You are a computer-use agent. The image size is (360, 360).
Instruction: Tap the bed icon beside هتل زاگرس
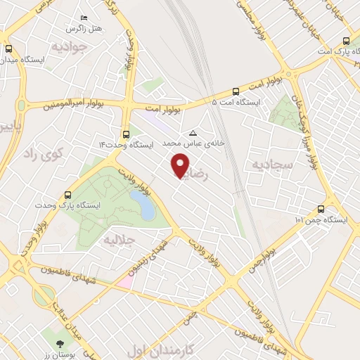85,18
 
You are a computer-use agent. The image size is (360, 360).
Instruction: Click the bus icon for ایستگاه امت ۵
235,91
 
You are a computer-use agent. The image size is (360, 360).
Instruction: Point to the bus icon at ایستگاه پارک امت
345,41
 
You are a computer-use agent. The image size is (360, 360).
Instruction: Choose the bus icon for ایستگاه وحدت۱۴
126,133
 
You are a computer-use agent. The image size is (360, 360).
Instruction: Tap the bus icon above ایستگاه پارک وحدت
67,194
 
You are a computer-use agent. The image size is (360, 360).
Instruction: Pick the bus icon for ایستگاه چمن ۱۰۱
321,208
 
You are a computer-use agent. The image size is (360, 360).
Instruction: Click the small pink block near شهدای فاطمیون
124,281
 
